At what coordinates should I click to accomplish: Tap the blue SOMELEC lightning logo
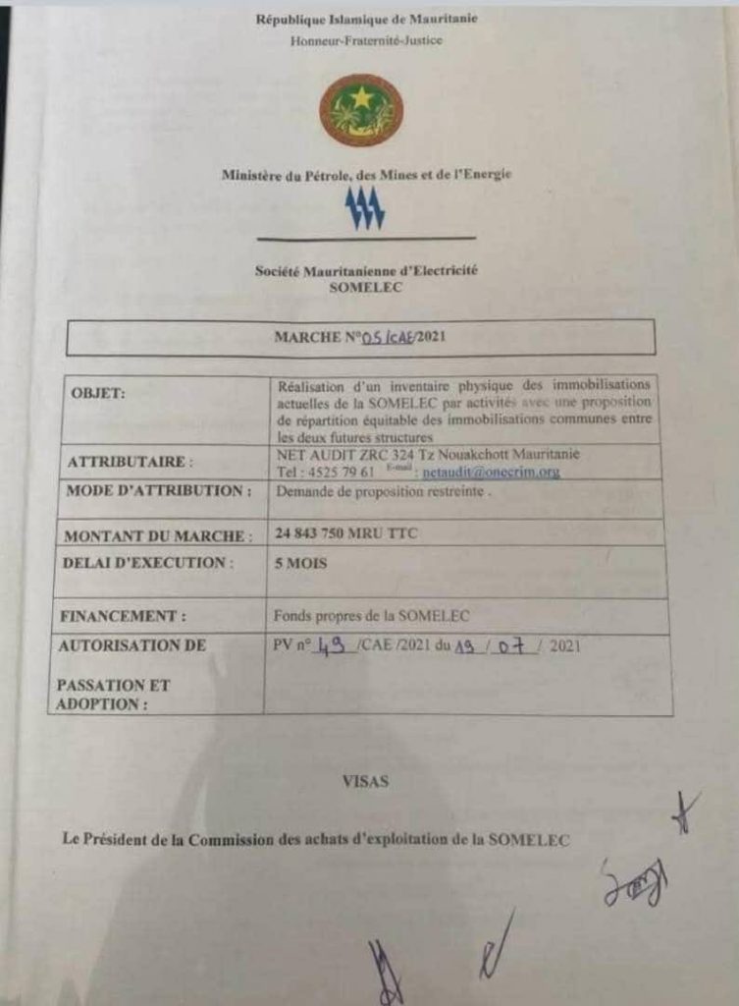[x=364, y=208]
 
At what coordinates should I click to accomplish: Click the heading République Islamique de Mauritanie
[x=367, y=20]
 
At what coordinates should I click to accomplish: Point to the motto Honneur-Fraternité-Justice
[x=366, y=41]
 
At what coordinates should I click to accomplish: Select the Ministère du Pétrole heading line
[x=367, y=175]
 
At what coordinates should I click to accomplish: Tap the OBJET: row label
[x=97, y=393]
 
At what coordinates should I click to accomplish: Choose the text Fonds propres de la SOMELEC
[x=372, y=616]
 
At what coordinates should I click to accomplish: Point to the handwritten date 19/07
[x=494, y=646]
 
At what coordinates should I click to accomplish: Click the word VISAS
[x=365, y=782]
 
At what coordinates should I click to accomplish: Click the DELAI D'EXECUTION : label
[x=147, y=563]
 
